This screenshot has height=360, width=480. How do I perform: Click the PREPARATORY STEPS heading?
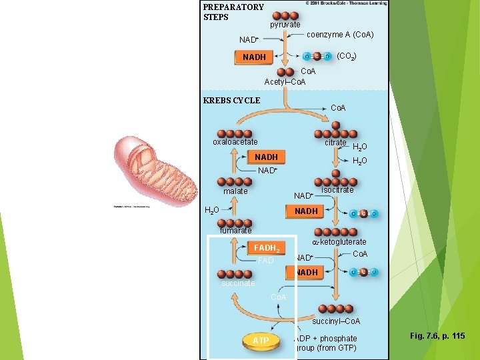click(233, 12)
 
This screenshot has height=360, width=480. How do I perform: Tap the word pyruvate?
click(285, 25)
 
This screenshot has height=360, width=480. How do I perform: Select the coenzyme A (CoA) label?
click(339, 35)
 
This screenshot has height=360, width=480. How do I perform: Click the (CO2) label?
click(347, 57)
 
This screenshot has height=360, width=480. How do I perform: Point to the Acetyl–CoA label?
click(285, 82)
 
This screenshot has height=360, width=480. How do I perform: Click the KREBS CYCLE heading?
click(231, 101)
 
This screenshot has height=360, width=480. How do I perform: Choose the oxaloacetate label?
click(235, 142)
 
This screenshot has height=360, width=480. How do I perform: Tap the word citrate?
click(335, 143)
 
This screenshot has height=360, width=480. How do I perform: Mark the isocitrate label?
click(337, 190)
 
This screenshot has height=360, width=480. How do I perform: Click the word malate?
click(235, 191)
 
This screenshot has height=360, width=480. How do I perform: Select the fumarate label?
click(236, 231)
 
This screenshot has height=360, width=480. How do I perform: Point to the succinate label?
click(237, 283)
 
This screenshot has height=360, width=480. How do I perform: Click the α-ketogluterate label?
click(339, 242)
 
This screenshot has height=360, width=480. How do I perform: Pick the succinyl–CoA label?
click(336, 321)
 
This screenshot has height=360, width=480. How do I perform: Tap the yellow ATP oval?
click(261, 341)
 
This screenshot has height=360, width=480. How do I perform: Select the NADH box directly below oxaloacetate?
click(266, 157)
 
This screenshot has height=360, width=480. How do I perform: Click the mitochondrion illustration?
click(155, 167)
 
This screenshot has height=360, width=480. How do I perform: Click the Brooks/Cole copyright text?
click(345, 3)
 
